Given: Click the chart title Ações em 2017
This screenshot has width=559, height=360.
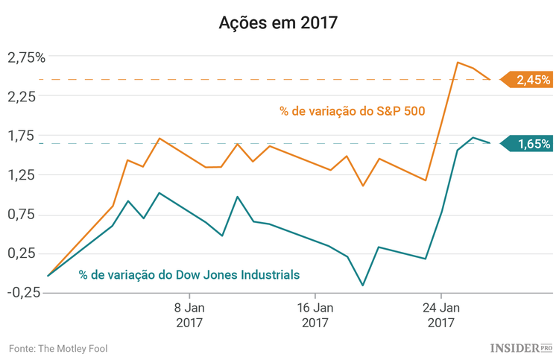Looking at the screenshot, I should pos(279,22).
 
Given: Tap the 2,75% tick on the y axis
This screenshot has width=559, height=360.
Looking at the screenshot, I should pos(26,57).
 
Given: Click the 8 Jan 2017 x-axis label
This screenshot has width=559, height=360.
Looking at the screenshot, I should pos(189,315).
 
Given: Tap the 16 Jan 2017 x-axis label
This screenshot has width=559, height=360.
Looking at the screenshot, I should pos(315,315).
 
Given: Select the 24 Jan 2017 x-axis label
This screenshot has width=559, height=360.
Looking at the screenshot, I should pos(440,315).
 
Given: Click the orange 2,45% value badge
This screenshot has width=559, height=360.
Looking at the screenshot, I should pos(529,80).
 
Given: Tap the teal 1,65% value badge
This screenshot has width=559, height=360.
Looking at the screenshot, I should pos(529,144).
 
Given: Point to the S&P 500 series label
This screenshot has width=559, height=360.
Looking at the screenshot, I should pos(353,112).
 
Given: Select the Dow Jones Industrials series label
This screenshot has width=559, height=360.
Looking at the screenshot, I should pos(189,275).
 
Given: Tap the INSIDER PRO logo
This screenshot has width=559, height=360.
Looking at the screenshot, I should pos(521,348).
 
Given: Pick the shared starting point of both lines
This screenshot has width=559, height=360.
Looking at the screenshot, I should pos(48,276).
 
